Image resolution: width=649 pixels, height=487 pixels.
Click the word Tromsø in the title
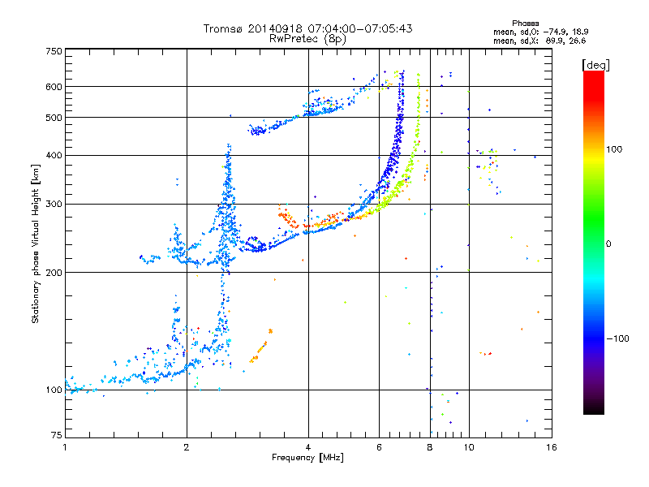(223, 28)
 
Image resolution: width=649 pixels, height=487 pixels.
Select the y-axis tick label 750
(54, 50)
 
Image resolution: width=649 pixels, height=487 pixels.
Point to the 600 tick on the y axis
(54, 86)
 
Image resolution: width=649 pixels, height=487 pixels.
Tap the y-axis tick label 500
(54, 117)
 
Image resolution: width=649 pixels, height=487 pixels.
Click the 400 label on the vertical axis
(54, 155)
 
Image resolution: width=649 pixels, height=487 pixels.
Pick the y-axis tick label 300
(54, 204)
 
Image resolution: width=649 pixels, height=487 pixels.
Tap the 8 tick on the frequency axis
(430, 447)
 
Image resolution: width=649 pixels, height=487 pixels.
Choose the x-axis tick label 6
(380, 447)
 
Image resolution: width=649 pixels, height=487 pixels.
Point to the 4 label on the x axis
(308, 447)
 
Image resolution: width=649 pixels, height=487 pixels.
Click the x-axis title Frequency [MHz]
(307, 458)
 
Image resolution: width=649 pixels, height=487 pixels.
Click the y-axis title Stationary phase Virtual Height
(36, 243)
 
